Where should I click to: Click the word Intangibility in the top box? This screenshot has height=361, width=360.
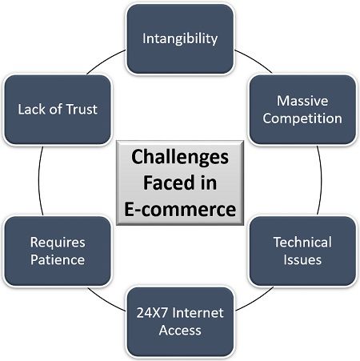[180, 39]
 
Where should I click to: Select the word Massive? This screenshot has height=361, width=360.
[302, 101]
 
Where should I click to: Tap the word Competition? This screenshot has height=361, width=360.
[302, 118]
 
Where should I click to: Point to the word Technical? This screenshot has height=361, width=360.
[302, 243]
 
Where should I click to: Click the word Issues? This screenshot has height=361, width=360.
[302, 260]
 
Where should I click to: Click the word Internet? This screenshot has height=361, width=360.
[198, 313]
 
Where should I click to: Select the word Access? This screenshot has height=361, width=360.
[180, 331]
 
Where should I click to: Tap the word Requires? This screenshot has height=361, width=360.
[58, 243]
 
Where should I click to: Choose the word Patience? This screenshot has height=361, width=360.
[58, 260]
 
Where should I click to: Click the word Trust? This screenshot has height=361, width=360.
[82, 110]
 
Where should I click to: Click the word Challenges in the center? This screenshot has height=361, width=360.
[180, 158]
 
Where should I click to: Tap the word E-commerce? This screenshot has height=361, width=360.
[180, 209]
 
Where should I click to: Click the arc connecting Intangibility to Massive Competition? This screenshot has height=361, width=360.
[254, 60]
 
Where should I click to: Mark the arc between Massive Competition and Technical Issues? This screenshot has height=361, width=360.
[321, 180]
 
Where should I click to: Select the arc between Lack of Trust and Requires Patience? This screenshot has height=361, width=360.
[39, 180]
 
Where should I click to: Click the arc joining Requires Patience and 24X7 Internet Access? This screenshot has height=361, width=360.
[106, 301]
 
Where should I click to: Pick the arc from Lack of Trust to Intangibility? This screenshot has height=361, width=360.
[106, 60]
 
